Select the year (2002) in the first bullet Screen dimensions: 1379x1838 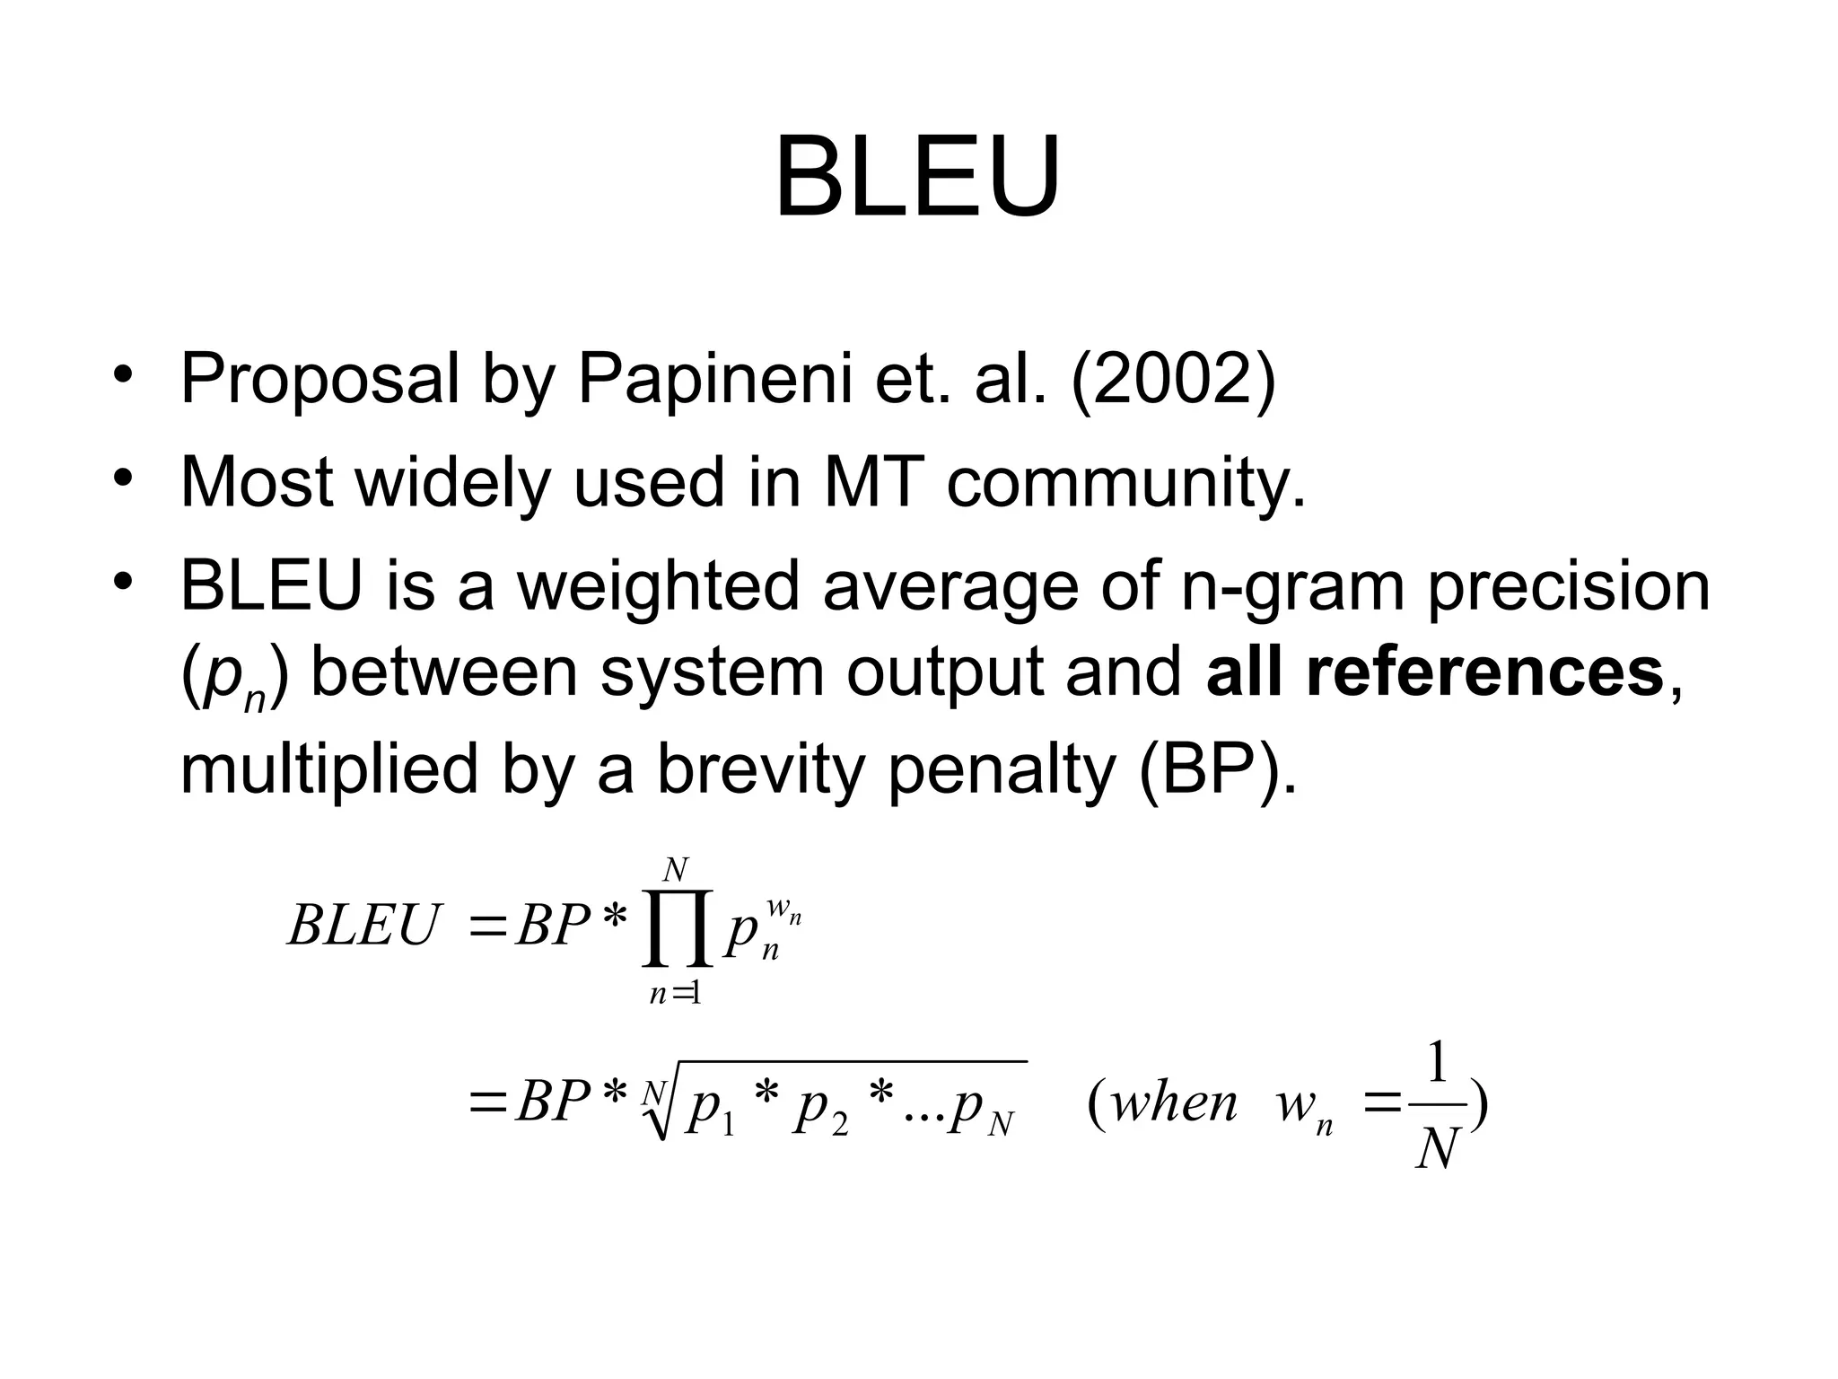point(1172,379)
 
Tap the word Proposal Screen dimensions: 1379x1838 point(319,379)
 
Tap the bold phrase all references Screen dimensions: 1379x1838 point(1435,673)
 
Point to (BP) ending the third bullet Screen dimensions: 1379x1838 point(1217,770)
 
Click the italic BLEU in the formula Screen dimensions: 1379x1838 point(364,926)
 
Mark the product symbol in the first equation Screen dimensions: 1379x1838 point(678,929)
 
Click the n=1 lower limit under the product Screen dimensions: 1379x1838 point(675,994)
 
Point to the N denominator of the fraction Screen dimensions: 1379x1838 point(1435,1148)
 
